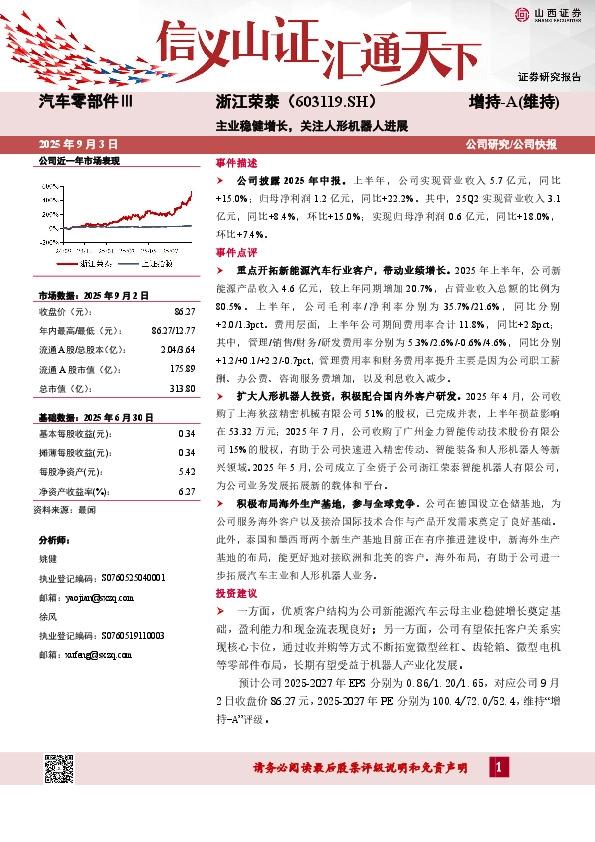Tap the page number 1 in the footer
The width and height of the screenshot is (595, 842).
tap(497, 767)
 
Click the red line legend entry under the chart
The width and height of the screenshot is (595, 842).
tap(85, 263)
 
